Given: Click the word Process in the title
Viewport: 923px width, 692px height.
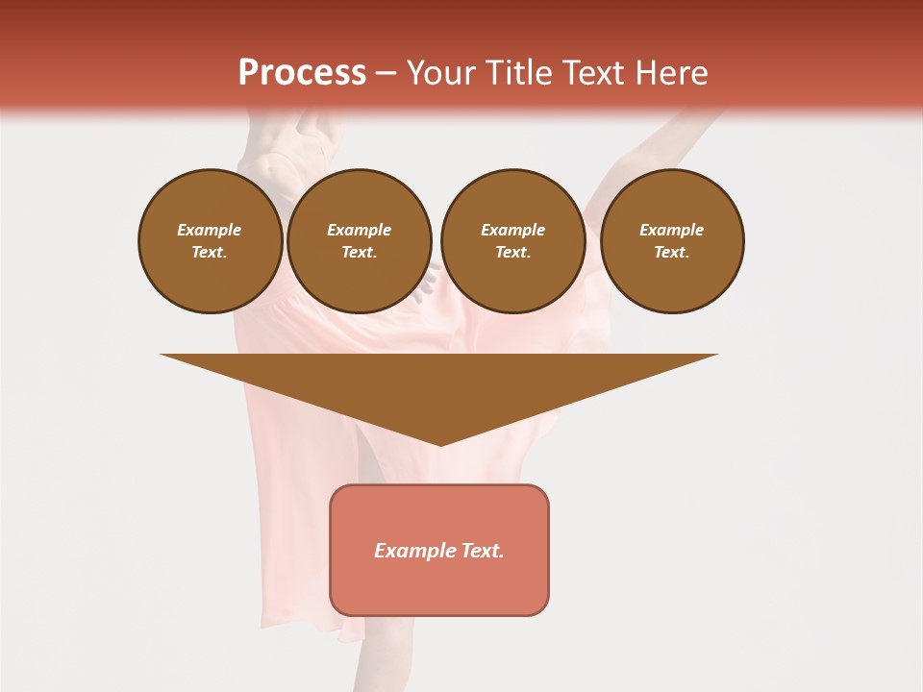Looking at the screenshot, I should [302, 73].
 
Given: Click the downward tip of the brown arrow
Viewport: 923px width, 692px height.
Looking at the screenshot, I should [440, 443].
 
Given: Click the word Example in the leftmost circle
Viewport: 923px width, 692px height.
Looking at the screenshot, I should [210, 230].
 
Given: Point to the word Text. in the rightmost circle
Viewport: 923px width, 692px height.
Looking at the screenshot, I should [672, 253].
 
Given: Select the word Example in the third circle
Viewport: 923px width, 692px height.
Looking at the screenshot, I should [512, 230].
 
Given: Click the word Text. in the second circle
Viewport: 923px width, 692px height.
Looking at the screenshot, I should [360, 253].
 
